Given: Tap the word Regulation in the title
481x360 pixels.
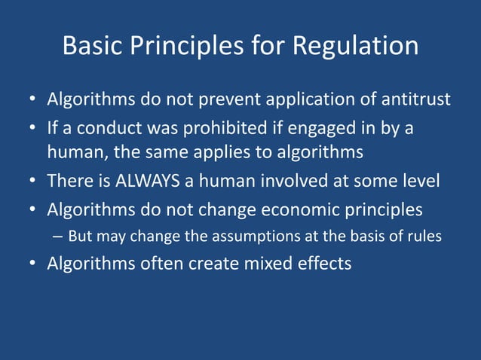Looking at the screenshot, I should pos(355,47).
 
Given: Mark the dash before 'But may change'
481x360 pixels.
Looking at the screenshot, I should pos(58,236).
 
